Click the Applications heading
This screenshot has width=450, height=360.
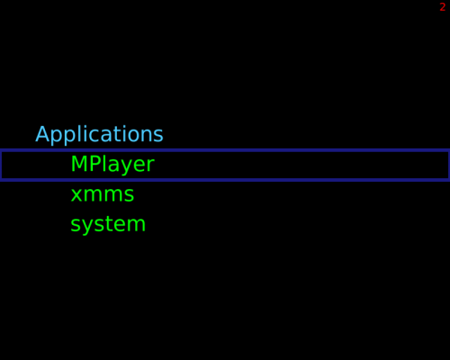pos(99,135)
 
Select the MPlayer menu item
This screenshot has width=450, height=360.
pos(112,165)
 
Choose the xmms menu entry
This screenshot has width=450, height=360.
pos(103,194)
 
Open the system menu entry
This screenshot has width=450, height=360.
pos(108,224)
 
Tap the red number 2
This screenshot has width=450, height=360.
pos(443,7)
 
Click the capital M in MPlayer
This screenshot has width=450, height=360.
pos(78,164)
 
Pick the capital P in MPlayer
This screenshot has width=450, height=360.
pos(94,164)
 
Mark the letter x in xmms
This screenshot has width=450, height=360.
pos(76,194)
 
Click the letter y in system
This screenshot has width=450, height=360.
pos(87,228)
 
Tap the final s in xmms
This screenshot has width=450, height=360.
pos(129,194)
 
